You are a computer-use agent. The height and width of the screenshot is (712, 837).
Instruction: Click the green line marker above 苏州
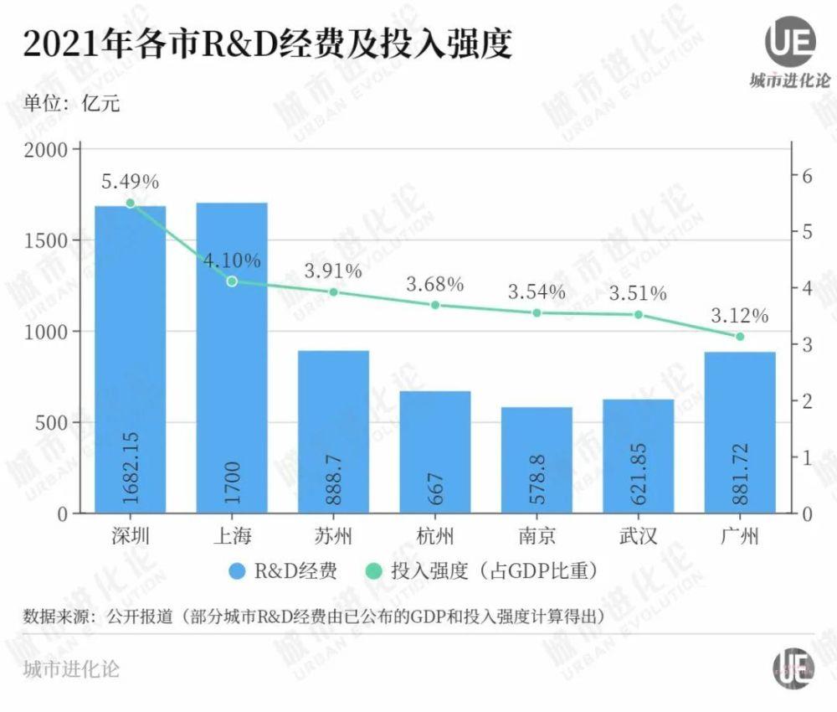pos(333,292)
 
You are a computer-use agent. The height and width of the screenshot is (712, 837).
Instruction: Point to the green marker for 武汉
pos(638,315)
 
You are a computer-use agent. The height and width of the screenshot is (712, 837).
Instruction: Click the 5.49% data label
pos(130,181)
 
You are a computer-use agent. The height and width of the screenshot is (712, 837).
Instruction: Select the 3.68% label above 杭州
pos(434,284)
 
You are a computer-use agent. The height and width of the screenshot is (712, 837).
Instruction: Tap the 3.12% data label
pos(739,316)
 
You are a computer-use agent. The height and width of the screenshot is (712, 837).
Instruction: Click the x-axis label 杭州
pos(434,536)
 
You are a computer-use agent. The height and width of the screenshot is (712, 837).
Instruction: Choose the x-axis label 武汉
pos(638,536)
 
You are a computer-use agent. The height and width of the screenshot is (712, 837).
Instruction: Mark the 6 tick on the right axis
pos(808,177)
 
